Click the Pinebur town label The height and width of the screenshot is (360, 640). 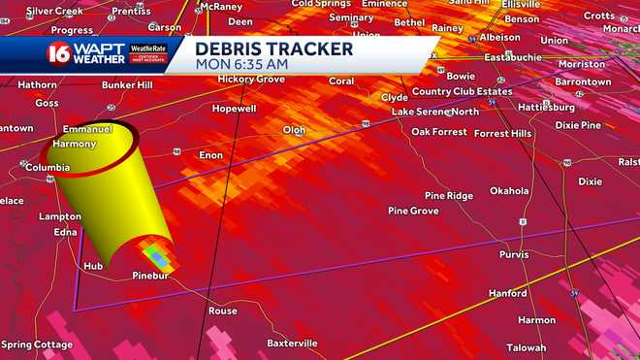click(151, 277)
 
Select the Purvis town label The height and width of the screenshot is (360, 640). click(514, 254)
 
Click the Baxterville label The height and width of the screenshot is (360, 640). click(292, 343)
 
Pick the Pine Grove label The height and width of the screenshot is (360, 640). click(413, 211)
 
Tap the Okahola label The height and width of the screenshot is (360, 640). click(509, 191)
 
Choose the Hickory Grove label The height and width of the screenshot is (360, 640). click(249, 78)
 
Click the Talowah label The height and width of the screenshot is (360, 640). click(527, 347)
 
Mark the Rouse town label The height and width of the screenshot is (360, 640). click(222, 311)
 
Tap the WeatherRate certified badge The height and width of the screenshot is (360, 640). click(148, 53)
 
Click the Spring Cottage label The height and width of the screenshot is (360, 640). click(36, 344)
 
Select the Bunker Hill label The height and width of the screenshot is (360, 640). click(129, 85)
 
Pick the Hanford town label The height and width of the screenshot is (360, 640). click(507, 293)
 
